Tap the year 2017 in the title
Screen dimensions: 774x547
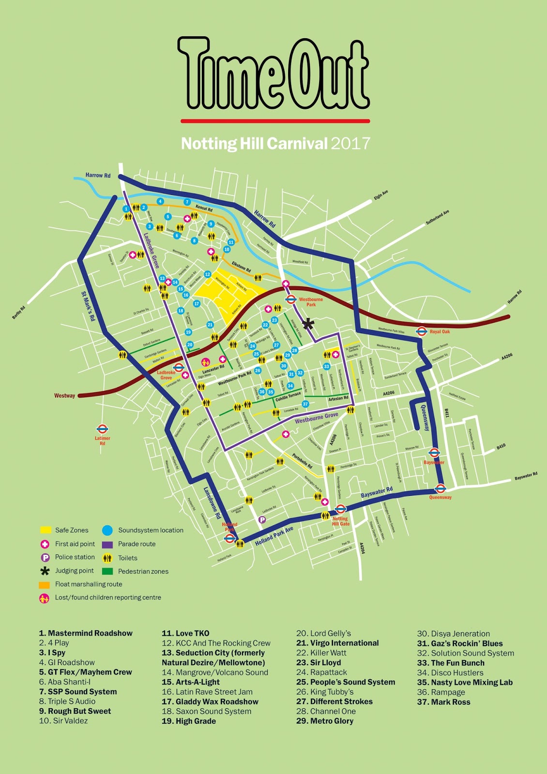[351, 144]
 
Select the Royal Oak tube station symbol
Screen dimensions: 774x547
[422, 331]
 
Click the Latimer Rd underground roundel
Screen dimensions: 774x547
[102, 429]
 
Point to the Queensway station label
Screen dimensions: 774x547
[440, 497]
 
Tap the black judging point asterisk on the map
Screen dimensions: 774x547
[308, 324]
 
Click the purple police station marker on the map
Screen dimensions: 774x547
[262, 520]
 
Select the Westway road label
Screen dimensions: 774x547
[64, 396]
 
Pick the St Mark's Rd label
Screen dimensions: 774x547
[88, 306]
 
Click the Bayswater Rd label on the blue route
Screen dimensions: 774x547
[377, 493]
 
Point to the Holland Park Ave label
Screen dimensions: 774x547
[274, 536]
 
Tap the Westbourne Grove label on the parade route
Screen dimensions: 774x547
[316, 417]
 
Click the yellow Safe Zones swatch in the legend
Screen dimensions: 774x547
[46, 530]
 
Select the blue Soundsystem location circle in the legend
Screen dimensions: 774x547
[107, 530]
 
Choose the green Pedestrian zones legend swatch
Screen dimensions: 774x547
[107, 571]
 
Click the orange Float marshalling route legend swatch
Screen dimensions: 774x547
[45, 584]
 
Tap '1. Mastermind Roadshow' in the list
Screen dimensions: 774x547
[86, 633]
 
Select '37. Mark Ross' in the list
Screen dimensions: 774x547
[443, 702]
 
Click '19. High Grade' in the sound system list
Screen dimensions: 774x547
[189, 721]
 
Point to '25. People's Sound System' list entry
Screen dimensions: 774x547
[346, 682]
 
